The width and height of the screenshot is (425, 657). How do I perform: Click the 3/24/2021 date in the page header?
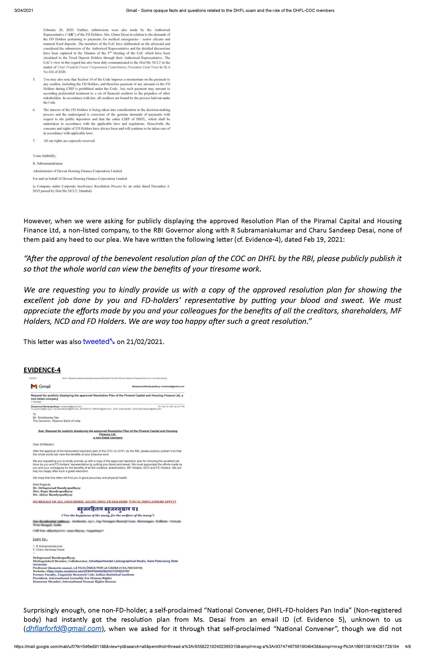click(24, 10)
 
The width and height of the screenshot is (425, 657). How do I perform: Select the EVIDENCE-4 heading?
click(42, 370)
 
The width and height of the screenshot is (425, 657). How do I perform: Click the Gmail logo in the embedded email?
click(41, 386)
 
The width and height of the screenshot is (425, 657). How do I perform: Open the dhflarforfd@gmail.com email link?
click(64, 629)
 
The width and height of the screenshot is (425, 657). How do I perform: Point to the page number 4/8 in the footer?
click(408, 646)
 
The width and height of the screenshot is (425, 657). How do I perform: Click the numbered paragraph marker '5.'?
click(34, 80)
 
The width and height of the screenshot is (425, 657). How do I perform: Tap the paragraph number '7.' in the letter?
click(34, 141)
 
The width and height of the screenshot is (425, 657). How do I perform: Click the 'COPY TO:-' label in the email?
click(40, 539)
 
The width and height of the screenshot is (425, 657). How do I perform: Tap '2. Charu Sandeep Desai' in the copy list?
click(48, 550)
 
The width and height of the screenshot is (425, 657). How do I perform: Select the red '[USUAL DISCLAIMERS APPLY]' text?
click(152, 502)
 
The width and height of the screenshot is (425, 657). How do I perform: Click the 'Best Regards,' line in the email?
click(42, 484)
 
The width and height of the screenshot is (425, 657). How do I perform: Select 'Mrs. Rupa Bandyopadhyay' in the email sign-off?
click(53, 491)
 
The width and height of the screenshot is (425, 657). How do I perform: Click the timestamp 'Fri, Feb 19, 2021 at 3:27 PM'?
click(171, 407)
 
